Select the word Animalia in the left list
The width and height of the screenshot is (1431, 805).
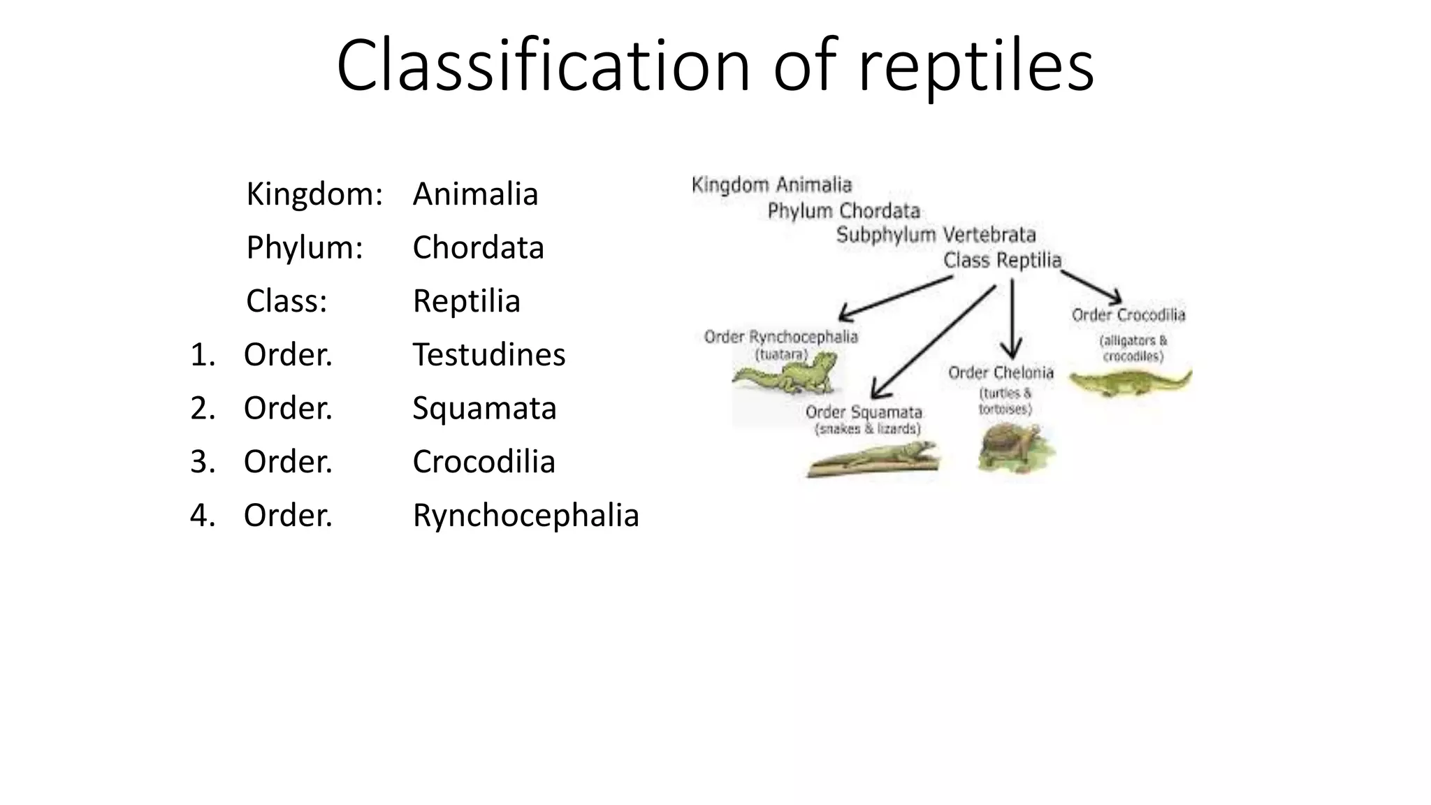(475, 194)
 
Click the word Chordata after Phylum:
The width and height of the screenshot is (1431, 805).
(478, 247)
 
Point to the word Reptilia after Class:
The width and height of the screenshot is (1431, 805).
(466, 301)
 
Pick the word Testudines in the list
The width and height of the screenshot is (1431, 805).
(488, 354)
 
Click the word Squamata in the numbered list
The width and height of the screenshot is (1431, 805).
(484, 408)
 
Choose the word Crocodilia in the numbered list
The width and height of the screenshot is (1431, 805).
(484, 462)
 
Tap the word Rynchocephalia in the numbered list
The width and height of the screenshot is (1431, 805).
(525, 516)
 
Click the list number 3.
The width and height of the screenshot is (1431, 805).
(203, 462)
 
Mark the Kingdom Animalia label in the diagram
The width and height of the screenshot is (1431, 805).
(771, 185)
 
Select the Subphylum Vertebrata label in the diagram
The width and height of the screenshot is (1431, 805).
(936, 235)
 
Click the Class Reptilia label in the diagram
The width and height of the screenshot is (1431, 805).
(1002, 261)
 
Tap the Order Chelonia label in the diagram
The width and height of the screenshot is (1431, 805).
(1001, 373)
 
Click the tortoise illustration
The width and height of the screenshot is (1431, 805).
(1015, 448)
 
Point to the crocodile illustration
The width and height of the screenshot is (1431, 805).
(1129, 383)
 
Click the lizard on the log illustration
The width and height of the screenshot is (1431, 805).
(873, 461)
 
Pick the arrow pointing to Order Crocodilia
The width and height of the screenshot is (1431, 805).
(1091, 287)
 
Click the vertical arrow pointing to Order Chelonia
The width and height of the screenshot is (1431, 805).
(1012, 318)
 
